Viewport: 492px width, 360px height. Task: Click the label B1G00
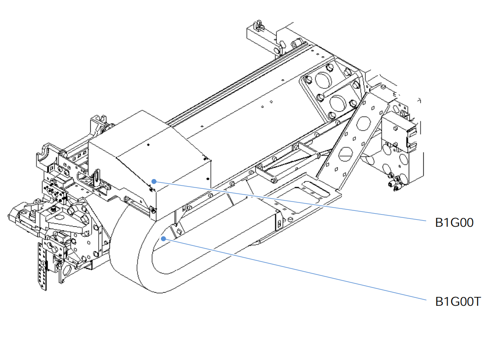pyautogui.click(x=454, y=223)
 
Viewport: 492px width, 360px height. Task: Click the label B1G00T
pyautogui.click(x=458, y=302)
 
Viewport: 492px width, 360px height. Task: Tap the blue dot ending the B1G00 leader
pyautogui.click(x=154, y=180)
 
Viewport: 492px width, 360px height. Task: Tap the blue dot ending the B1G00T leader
pyautogui.click(x=162, y=238)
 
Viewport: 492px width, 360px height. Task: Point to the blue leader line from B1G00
pyautogui.click(x=290, y=201)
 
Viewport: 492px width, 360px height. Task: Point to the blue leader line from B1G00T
pyautogui.click(x=295, y=270)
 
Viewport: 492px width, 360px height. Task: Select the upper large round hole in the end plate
pyautogui.click(x=322, y=80)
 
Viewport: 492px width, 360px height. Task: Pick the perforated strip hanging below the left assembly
pyautogui.click(x=42, y=266)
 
